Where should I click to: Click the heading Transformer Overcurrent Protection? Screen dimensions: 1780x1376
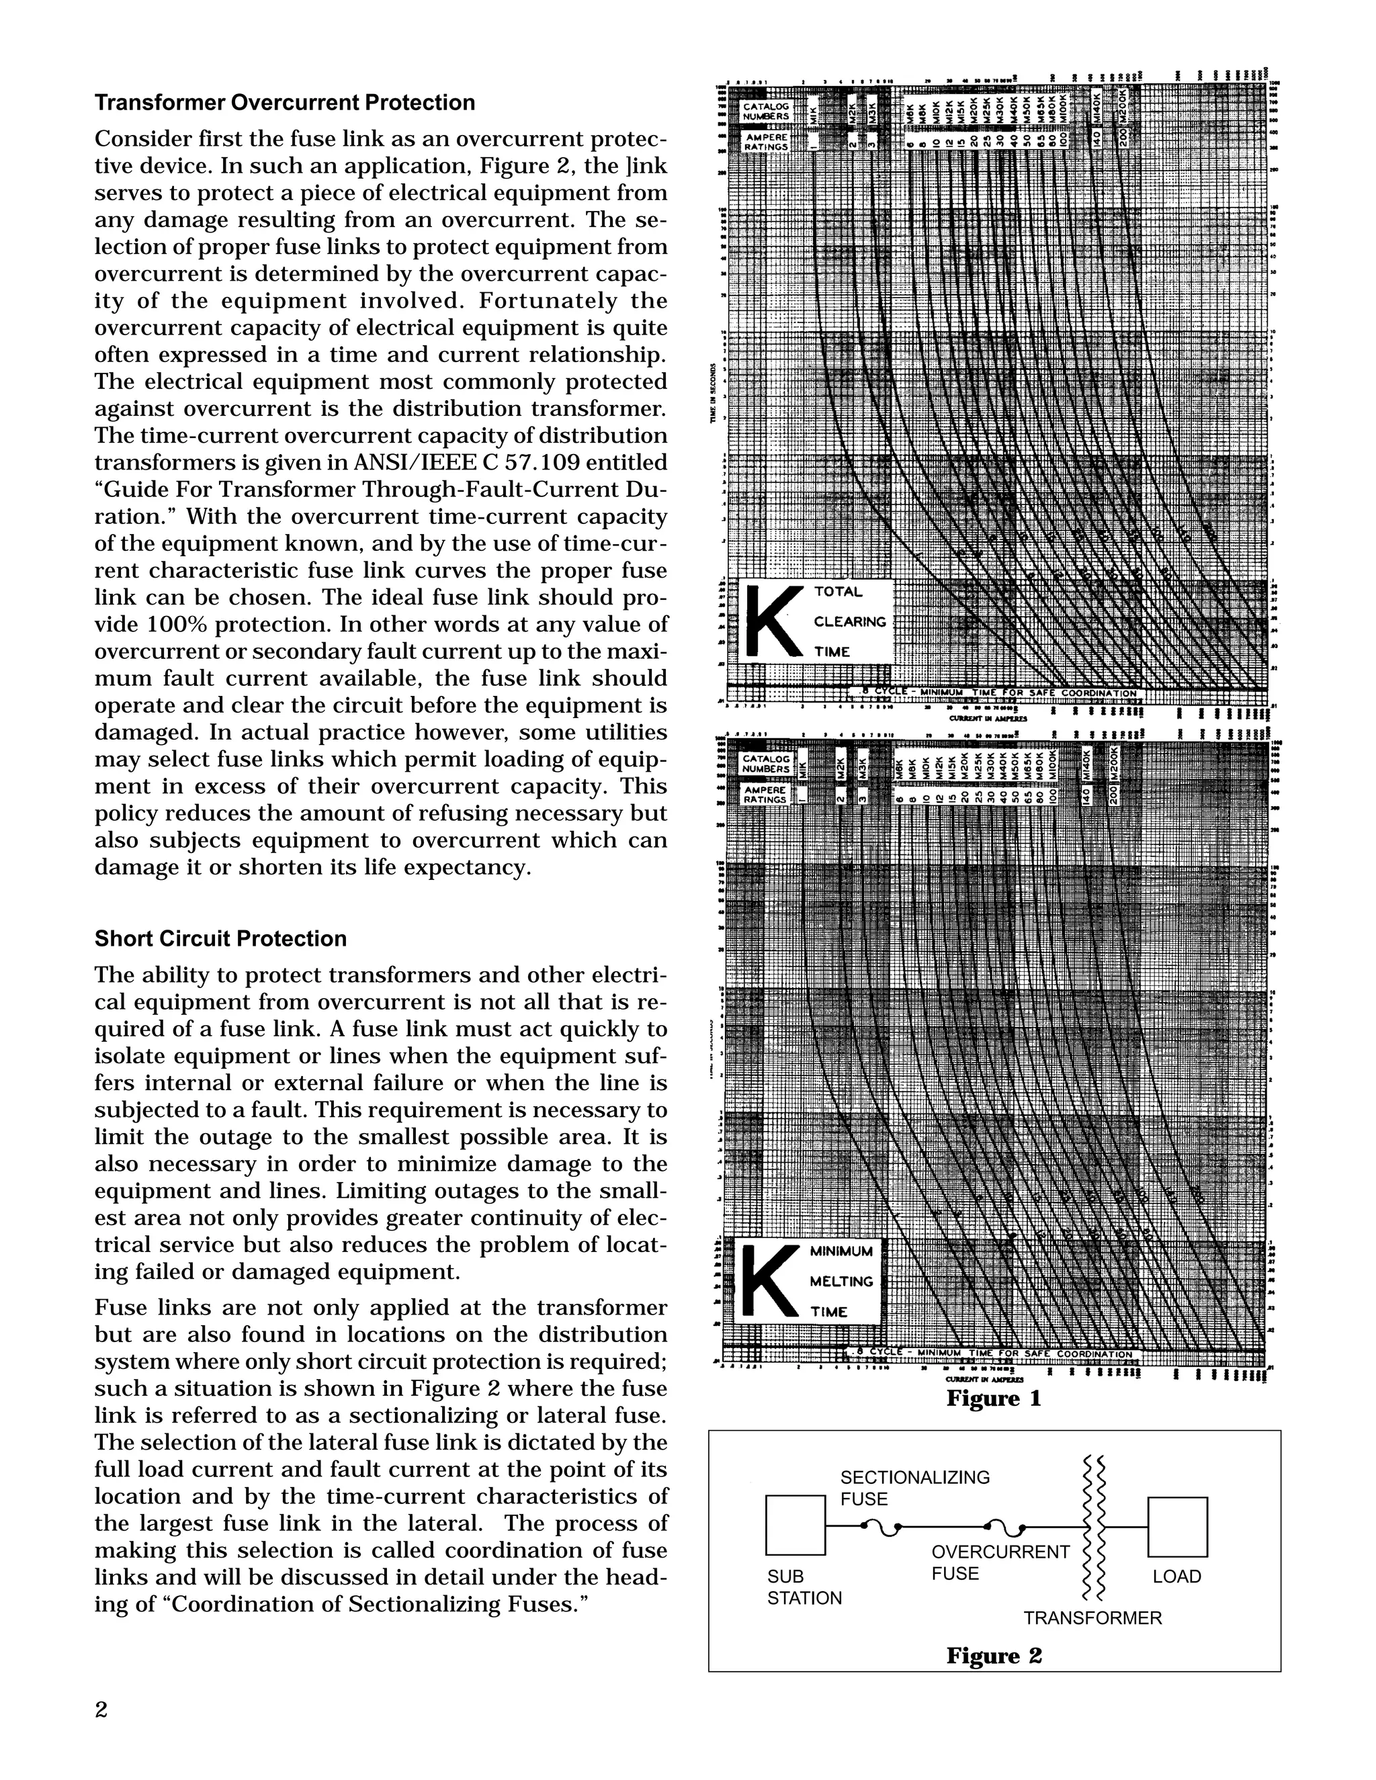(x=284, y=103)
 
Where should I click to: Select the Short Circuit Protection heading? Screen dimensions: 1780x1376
(x=220, y=939)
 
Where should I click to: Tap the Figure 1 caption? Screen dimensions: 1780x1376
(x=994, y=1398)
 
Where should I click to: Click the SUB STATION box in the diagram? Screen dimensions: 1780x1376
(x=795, y=1525)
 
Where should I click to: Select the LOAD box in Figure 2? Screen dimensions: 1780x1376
(x=1177, y=1527)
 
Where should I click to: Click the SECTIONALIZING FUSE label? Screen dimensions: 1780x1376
(x=914, y=1488)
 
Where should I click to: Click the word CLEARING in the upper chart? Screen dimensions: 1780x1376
(x=849, y=622)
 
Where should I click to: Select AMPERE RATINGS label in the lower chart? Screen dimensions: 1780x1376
(x=765, y=795)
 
